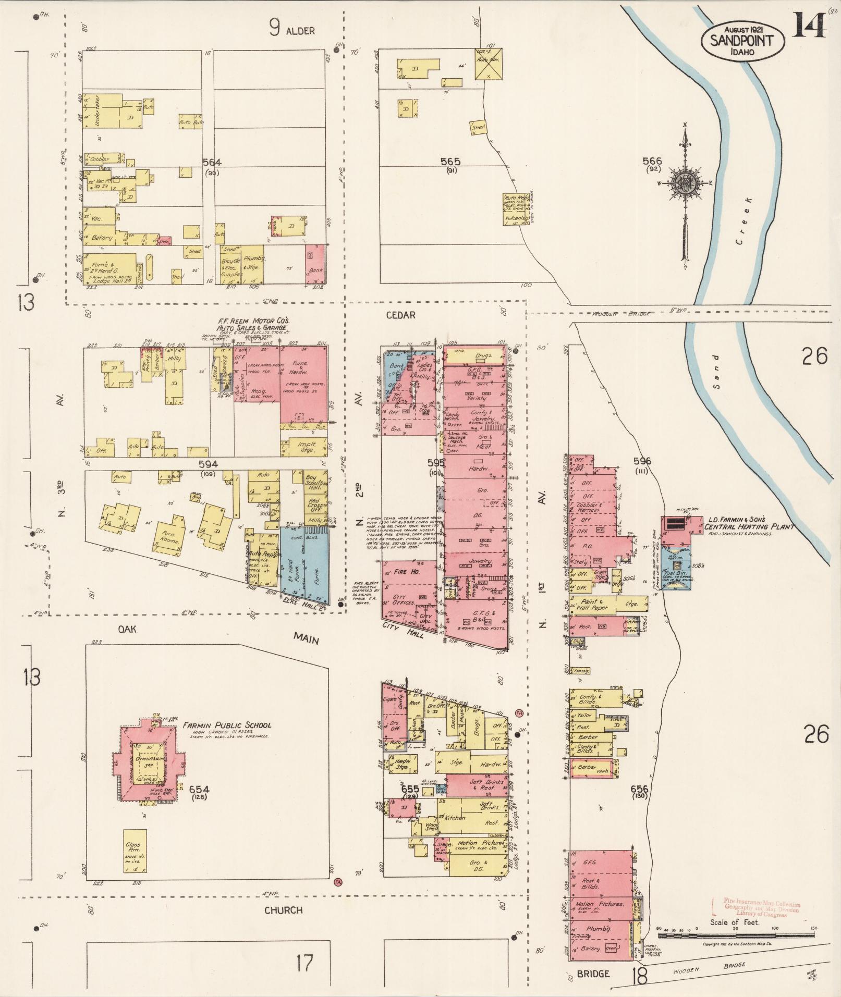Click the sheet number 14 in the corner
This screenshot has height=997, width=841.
coord(810,26)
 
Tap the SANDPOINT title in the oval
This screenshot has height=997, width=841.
coord(743,40)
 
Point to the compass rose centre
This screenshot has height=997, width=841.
coord(684,183)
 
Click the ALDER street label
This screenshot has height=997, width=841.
coord(300,31)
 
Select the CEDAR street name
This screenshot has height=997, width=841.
coord(400,315)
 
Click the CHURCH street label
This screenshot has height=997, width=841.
coord(283,910)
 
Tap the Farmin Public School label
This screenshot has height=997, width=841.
coord(227,725)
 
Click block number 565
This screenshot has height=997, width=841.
coord(450,162)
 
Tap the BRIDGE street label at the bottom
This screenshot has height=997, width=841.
coord(593,973)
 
